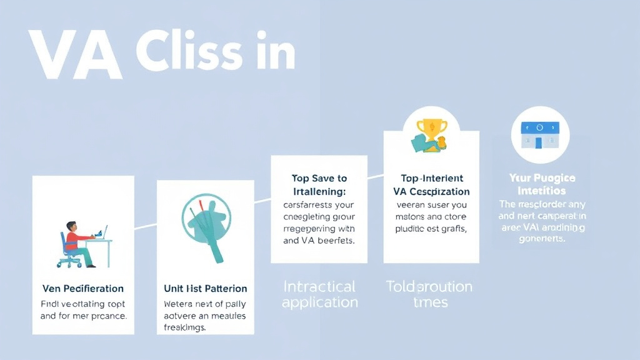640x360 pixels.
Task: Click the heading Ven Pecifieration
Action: pos(82,289)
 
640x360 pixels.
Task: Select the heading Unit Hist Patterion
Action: pos(206,289)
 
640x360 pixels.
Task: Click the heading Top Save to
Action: pos(319,178)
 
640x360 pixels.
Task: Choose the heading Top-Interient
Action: pos(431,178)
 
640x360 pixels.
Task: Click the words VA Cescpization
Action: pos(431,191)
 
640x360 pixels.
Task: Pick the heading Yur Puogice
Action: pos(542,178)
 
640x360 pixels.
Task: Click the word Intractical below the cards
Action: pos(319,287)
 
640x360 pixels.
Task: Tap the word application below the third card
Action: pos(319,302)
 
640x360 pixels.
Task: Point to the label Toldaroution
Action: pos(429,287)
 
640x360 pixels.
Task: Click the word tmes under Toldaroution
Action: pos(431,302)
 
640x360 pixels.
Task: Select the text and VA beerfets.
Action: pos(319,241)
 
